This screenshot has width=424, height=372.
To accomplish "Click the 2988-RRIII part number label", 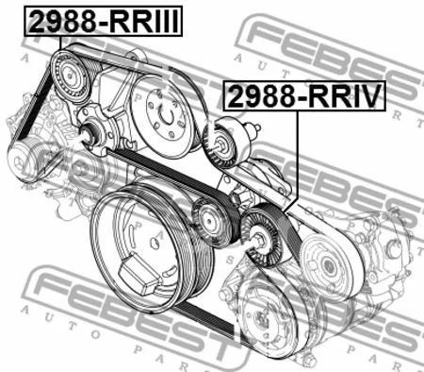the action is tap(103, 21).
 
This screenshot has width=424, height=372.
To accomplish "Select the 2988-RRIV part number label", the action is tap(304, 96).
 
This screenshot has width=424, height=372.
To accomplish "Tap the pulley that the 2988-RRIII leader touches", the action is tap(71, 77).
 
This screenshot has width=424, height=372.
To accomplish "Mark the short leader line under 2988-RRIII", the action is tap(60, 43).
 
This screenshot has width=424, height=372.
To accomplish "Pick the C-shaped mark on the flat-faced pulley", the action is tap(167, 116).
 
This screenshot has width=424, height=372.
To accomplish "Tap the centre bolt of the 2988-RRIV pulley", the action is tap(258, 240).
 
